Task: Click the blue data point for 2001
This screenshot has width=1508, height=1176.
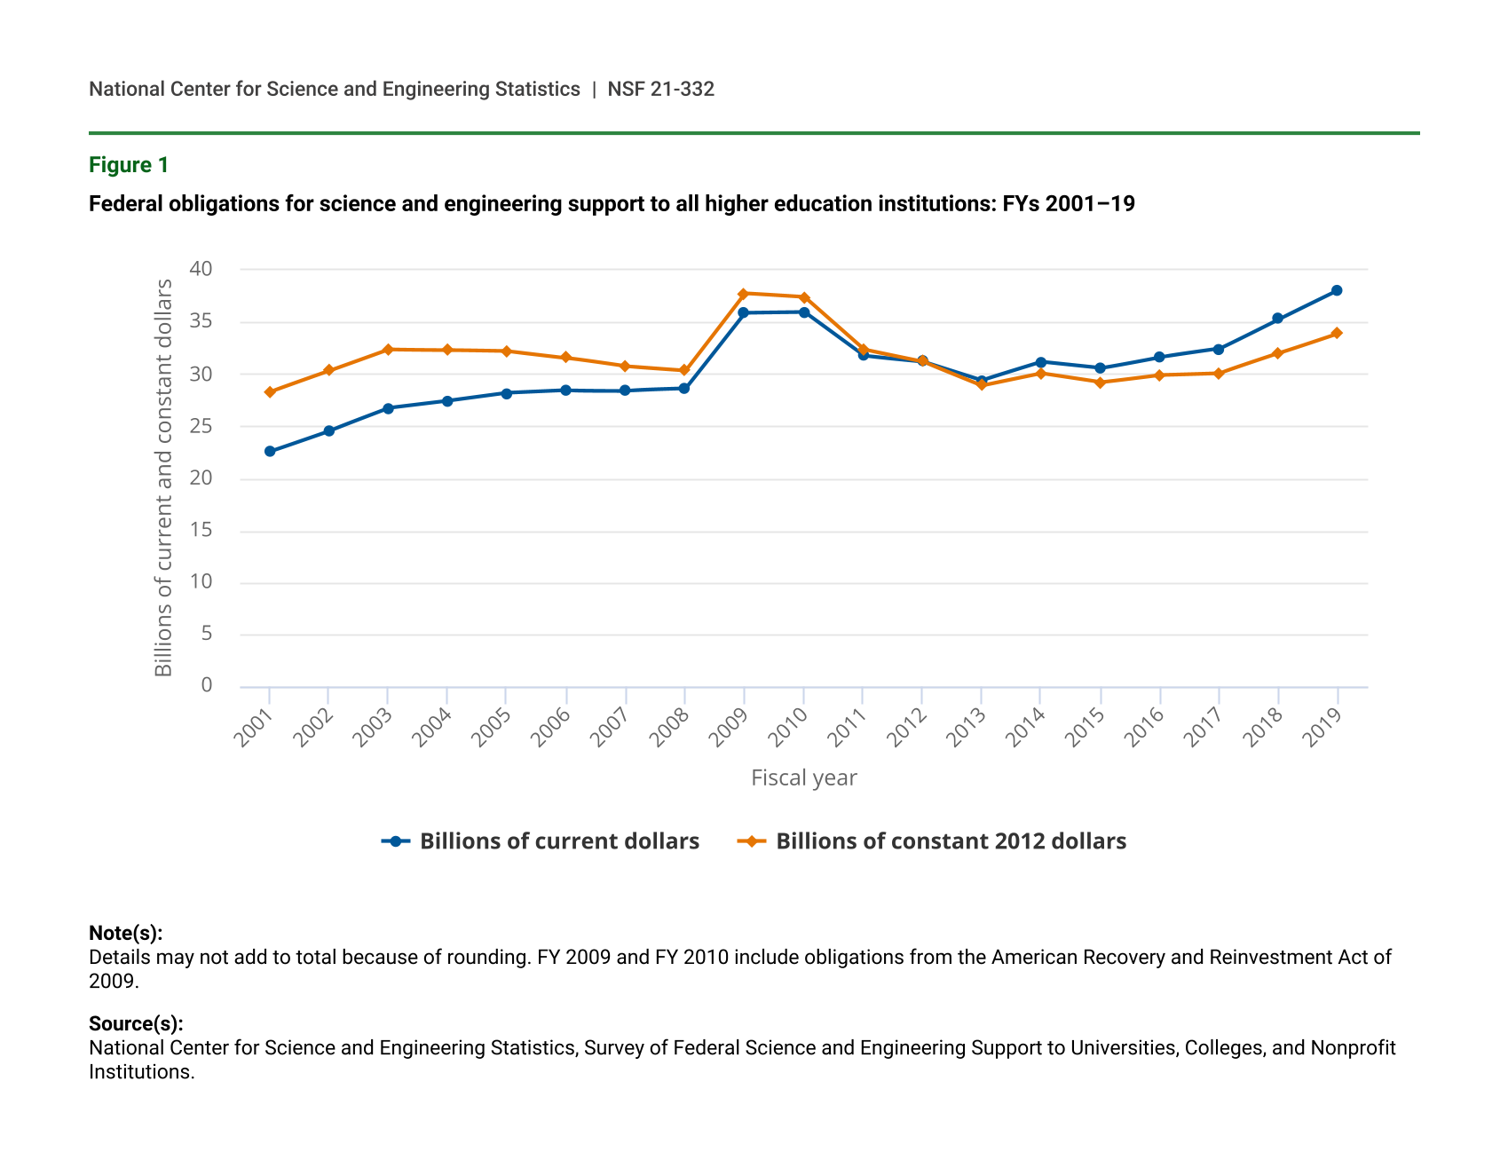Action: [x=270, y=452]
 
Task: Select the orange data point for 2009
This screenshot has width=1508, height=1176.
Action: [x=744, y=294]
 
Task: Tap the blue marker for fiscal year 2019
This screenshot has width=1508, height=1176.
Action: [x=1337, y=291]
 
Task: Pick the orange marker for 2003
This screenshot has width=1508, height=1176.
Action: [x=388, y=350]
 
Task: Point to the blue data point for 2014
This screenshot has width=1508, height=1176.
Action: [x=1040, y=362]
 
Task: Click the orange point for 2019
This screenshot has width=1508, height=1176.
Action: [x=1337, y=334]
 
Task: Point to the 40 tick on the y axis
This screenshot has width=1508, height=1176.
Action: [x=201, y=269]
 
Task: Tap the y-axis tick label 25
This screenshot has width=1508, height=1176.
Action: [x=201, y=426]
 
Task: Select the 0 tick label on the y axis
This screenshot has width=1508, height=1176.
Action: [x=207, y=685]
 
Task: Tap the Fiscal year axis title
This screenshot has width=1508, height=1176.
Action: [x=803, y=778]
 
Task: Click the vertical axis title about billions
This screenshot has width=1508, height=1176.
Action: [x=164, y=478]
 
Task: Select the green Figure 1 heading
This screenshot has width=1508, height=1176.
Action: [x=129, y=165]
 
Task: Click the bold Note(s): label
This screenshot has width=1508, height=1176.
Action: [x=125, y=933]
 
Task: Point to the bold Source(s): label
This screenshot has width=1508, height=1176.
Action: [x=136, y=1023]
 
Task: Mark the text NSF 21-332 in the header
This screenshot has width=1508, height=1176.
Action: [x=660, y=89]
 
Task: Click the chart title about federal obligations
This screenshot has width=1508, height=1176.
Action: [x=612, y=204]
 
